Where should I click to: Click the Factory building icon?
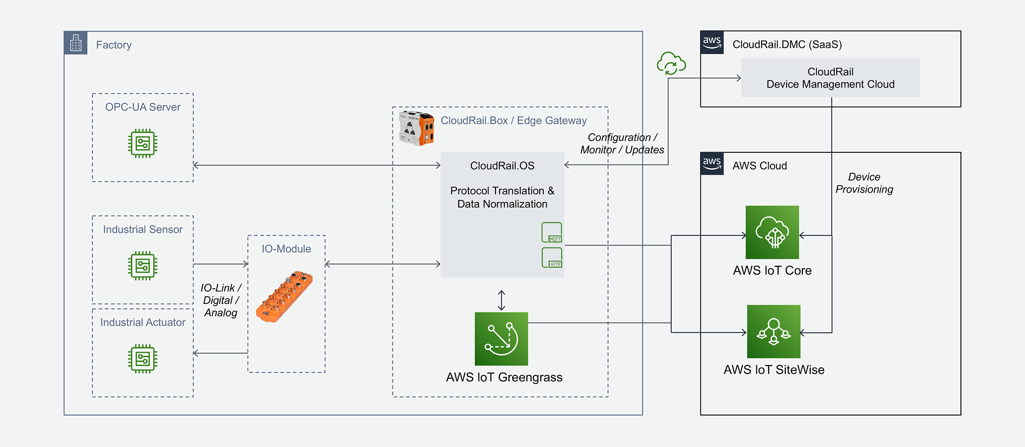[x=76, y=43]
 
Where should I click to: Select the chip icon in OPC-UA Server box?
[x=143, y=143]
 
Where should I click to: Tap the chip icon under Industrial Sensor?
[x=143, y=266]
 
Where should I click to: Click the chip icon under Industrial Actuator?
[x=143, y=359]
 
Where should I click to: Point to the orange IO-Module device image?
[x=284, y=296]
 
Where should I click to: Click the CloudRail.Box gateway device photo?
[x=416, y=129]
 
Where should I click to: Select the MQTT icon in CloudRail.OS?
[x=552, y=233]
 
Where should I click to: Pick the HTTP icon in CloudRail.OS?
[x=552, y=258]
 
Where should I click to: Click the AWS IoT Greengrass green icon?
[x=501, y=339]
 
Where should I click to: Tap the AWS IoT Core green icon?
[x=772, y=232]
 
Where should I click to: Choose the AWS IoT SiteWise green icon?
[x=773, y=331]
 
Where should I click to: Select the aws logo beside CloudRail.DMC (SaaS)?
[x=712, y=42]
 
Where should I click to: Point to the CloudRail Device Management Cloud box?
[x=830, y=78]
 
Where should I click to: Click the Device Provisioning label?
[x=864, y=183]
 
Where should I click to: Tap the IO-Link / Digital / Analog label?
[x=220, y=300]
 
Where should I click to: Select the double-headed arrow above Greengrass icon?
[x=501, y=300]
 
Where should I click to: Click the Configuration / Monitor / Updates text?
[x=622, y=143]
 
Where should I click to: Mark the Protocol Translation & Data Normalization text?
[x=502, y=197]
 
